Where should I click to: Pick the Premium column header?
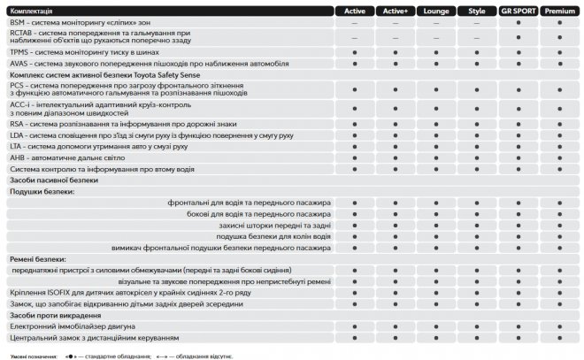pyautogui.click(x=561, y=11)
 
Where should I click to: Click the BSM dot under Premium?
pyautogui.click(x=561, y=22)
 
